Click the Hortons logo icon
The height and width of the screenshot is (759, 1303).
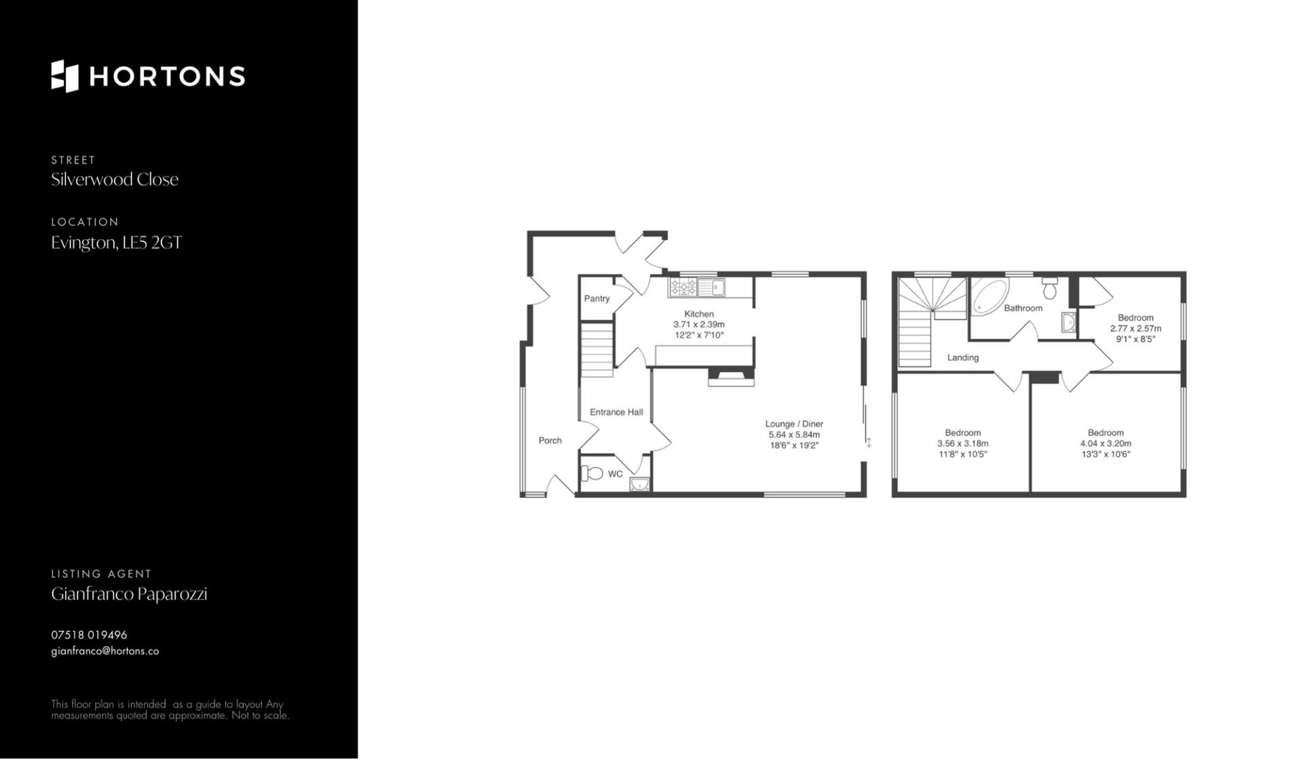[x=65, y=76]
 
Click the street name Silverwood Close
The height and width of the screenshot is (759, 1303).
[x=115, y=180]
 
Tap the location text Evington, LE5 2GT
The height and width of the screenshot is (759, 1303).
[x=117, y=243]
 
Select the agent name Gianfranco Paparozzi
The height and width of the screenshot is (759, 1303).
[x=129, y=594]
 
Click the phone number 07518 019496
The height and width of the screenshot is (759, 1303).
[x=89, y=635]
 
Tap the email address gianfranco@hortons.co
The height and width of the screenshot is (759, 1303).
[x=105, y=651]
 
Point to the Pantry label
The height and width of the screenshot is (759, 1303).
[x=597, y=298]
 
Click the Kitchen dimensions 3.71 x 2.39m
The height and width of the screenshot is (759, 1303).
[x=699, y=324]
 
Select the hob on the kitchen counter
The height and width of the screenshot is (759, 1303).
[x=683, y=288]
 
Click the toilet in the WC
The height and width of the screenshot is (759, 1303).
[x=592, y=473]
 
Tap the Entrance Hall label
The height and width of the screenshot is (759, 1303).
[x=616, y=412]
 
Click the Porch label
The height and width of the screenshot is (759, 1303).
[x=550, y=440]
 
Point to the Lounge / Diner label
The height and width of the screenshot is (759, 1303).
[x=794, y=424]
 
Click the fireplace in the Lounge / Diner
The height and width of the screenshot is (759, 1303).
[x=731, y=376]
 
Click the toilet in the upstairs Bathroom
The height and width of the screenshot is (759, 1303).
[x=1050, y=288]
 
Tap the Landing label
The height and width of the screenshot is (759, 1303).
[x=963, y=357]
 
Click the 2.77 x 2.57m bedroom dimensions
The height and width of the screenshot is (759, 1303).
[x=1136, y=328]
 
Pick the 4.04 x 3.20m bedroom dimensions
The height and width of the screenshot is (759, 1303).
[x=1106, y=444]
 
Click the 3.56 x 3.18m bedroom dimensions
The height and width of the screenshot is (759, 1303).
[x=963, y=444]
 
